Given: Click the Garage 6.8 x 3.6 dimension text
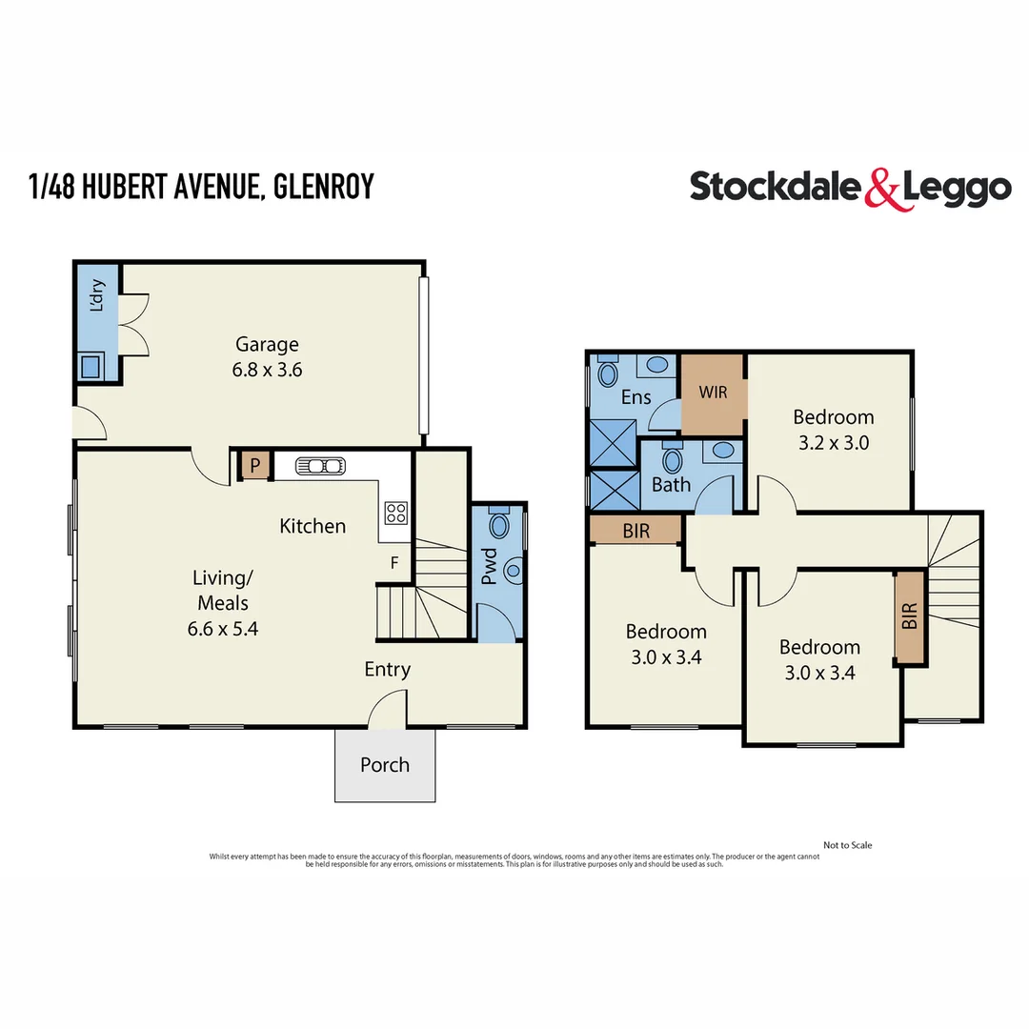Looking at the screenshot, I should point(267,370).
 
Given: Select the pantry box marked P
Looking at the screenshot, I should point(254,465).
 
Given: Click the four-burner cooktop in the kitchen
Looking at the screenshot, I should point(395,514).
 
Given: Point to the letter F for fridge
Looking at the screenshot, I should point(393,562).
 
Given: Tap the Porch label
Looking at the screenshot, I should point(385,764).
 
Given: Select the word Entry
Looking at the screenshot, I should point(387,669).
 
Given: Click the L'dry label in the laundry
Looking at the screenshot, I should point(96,295).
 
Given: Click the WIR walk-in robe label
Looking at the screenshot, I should point(714,393).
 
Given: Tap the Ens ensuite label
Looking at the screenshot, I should point(636,397).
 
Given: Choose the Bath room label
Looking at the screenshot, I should point(671,485).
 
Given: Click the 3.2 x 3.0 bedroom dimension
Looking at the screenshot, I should point(833,442).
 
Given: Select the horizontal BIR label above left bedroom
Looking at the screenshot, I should point(636,531).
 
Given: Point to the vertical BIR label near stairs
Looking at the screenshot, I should point(910,616).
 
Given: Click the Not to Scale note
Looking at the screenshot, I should point(847,845).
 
